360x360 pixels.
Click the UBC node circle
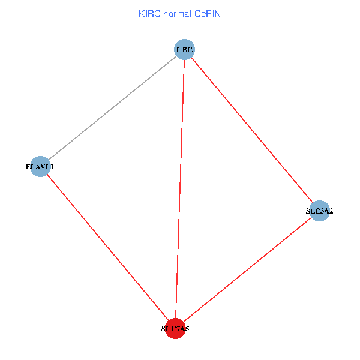point(185,49)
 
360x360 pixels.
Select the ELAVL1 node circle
point(40,166)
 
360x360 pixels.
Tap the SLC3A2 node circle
point(320,211)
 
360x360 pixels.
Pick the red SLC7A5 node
point(175,328)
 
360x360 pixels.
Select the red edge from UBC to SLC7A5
point(180,188)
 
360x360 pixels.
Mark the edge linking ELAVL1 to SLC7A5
point(107,247)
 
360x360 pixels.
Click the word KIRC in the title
point(148,14)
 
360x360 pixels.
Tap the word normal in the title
point(175,14)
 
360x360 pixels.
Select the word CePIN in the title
point(207,14)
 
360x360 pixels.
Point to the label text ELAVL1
point(40,167)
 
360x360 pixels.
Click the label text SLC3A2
point(320,211)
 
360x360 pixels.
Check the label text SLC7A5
point(175,329)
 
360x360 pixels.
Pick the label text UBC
point(185,49)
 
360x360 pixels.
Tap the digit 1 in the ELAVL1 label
point(52,167)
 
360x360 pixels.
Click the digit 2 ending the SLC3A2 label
point(331,211)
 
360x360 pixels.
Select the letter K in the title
point(141,14)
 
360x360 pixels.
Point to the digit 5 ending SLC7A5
point(187,329)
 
